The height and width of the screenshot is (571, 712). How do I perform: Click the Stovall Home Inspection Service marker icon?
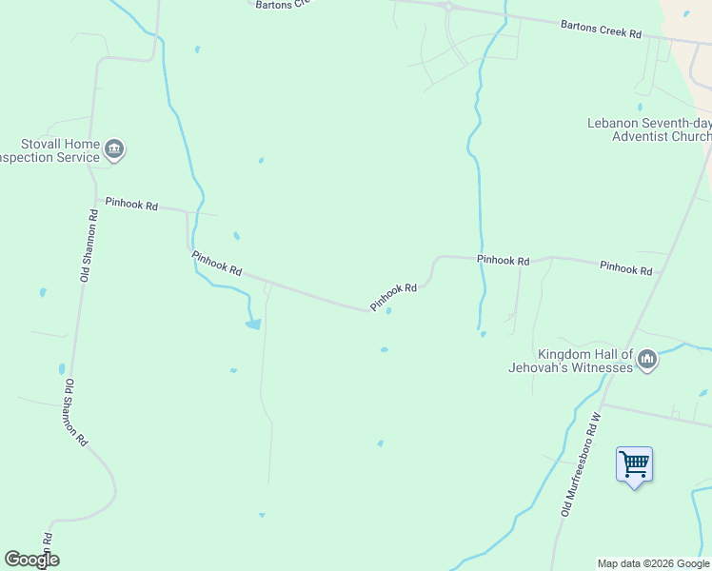tap(114, 149)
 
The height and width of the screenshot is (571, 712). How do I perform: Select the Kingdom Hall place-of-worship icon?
tap(647, 360)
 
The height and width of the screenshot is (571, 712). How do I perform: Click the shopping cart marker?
tap(634, 464)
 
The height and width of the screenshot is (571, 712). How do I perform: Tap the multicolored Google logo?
tap(31, 560)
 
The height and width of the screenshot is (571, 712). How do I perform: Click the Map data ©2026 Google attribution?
tap(653, 563)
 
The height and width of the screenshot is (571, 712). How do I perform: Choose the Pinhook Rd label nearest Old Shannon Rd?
tap(131, 204)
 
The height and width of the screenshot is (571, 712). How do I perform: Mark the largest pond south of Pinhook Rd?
tap(253, 325)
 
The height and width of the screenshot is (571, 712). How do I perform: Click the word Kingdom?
tap(566, 354)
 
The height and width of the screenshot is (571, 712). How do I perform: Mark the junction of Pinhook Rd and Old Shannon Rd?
tap(94, 200)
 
